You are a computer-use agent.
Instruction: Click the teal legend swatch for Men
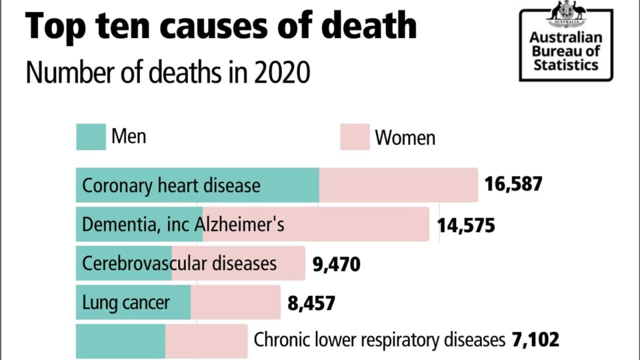point(91,137)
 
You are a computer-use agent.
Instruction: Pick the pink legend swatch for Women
point(355,137)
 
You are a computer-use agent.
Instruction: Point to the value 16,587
point(513,184)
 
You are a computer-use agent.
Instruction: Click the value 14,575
point(466,225)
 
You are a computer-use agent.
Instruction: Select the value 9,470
point(336,263)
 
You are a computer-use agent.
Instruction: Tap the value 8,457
point(311,302)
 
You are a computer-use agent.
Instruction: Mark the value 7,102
point(534,340)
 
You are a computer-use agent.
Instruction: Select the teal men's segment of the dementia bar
point(139,224)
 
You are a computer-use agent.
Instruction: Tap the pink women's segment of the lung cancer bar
point(235,302)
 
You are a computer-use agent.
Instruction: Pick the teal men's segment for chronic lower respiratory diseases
point(120,341)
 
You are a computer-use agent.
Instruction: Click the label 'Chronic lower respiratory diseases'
point(379,340)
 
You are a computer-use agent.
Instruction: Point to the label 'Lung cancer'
point(125,302)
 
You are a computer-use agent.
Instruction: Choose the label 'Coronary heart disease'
point(171,185)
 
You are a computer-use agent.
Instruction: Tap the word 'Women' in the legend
point(405,137)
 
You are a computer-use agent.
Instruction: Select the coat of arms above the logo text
point(566,12)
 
